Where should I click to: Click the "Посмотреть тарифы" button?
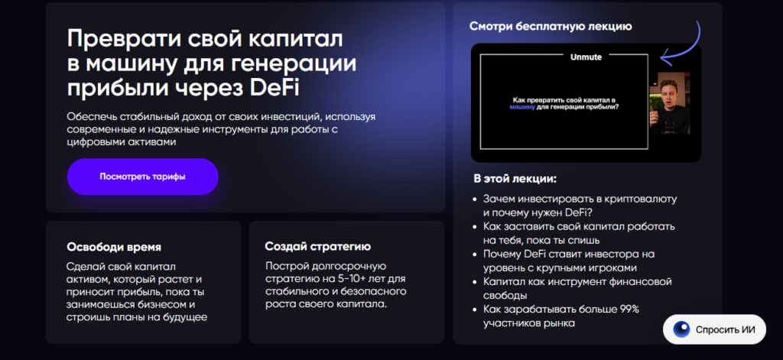tap(142, 177)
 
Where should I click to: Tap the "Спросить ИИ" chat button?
tap(714, 331)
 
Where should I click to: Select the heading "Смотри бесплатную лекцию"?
tap(551, 27)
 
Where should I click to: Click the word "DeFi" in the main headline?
tap(275, 88)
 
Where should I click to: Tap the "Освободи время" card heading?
tap(114, 247)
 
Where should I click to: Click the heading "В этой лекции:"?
tap(515, 180)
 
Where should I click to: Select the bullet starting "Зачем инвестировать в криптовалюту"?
tap(580, 206)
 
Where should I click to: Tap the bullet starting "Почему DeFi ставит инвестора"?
tap(570, 261)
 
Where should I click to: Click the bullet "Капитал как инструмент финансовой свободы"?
tap(577, 288)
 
